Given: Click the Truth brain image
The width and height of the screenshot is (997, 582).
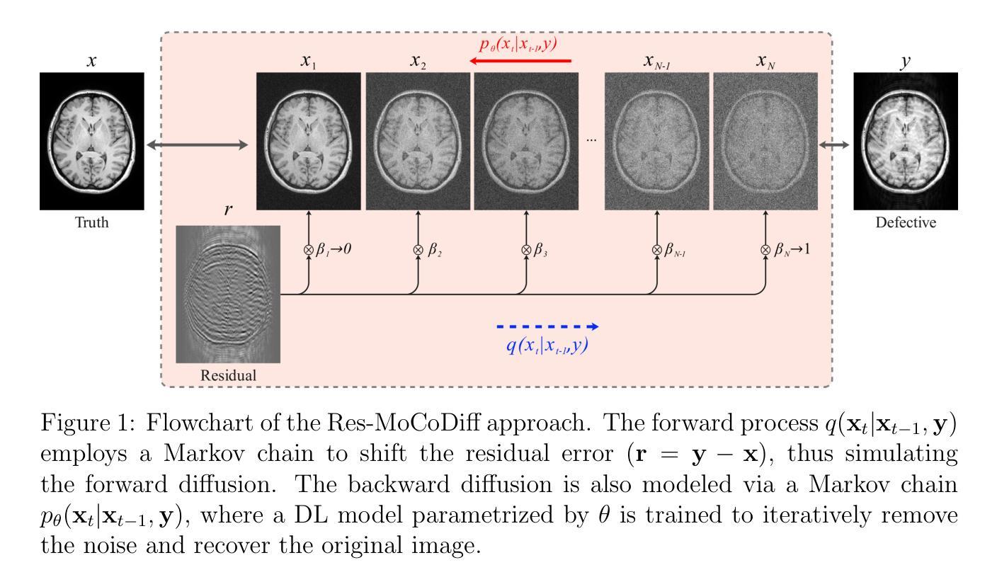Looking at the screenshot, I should pyautogui.click(x=92, y=141).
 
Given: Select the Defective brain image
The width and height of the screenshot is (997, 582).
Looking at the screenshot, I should pyautogui.click(x=906, y=141).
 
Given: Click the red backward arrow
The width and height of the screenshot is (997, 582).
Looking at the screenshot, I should pyautogui.click(x=522, y=62).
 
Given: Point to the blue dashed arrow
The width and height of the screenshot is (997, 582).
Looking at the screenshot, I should pyautogui.click(x=547, y=326).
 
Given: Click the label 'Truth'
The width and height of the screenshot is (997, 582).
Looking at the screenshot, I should pyautogui.click(x=92, y=222).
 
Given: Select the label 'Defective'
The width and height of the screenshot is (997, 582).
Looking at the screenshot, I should pyautogui.click(x=906, y=222).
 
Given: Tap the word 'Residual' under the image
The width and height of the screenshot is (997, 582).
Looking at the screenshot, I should pyautogui.click(x=228, y=375).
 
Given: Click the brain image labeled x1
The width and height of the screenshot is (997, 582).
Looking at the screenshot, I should pyautogui.click(x=309, y=141).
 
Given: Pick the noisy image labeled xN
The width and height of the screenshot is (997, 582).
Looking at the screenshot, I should pyautogui.click(x=765, y=141).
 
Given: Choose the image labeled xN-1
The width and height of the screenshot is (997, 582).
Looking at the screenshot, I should pyautogui.click(x=656, y=141).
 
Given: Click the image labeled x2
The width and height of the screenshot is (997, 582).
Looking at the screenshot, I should pyautogui.click(x=418, y=141).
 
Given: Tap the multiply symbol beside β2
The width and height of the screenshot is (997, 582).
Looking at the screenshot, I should pyautogui.click(x=418, y=249).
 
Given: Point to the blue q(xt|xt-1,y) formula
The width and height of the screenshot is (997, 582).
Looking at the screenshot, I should pyautogui.click(x=548, y=347).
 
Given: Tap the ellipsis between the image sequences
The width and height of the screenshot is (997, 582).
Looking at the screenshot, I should pyautogui.click(x=591, y=141).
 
